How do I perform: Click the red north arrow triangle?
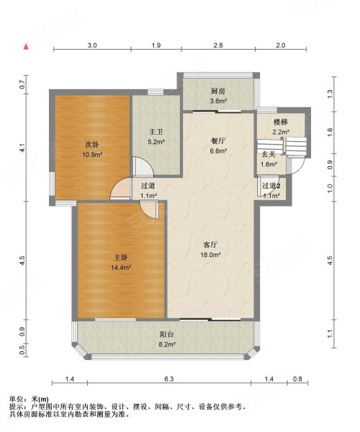tap(26, 47)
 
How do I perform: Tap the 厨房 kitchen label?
tap(218, 91)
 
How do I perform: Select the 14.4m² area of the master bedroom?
tap(121, 267)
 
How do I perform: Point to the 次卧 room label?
tap(92, 145)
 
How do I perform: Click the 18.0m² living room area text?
tap(210, 255)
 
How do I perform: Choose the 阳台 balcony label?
tap(167, 335)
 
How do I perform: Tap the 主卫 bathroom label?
tap(156, 132)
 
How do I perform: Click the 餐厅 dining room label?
tap(218, 141)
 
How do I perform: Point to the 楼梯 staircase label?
tap(281, 122)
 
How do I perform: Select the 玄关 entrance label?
tap(269, 155)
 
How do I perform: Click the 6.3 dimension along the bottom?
tap(169, 379)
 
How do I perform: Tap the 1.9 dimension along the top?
tap(156, 45)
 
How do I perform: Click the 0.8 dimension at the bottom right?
tap(297, 379)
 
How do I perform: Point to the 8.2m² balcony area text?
tap(167, 344)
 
